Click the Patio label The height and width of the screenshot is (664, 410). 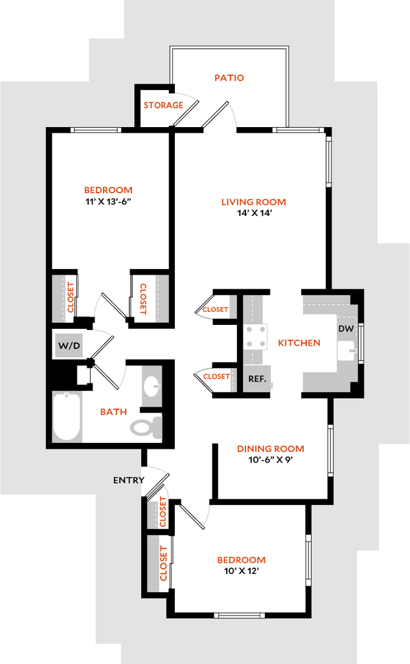pos(230,78)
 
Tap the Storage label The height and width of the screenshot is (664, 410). pos(163,105)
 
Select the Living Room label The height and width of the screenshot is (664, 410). pos(253,202)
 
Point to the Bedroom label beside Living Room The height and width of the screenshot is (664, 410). pos(109,191)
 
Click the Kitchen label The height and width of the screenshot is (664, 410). pos(299,343)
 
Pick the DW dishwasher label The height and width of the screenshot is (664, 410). pos(346,329)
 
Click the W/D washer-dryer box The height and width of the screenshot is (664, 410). pos(69,346)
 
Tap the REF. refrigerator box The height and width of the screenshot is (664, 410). pos(257,379)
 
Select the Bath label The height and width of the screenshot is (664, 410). pos(113,412)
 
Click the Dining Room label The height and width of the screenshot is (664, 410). pos(270,449)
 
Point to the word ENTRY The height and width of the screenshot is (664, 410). pos(128,480)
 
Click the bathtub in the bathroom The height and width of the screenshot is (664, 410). pos(67,416)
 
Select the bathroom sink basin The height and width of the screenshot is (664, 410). pos(152,386)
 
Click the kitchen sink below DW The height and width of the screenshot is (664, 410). pos(347,351)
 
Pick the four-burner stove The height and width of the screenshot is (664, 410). pos(255,336)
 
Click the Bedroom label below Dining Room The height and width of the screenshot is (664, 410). pos(241,560)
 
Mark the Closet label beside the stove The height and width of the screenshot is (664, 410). pos(215,309)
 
